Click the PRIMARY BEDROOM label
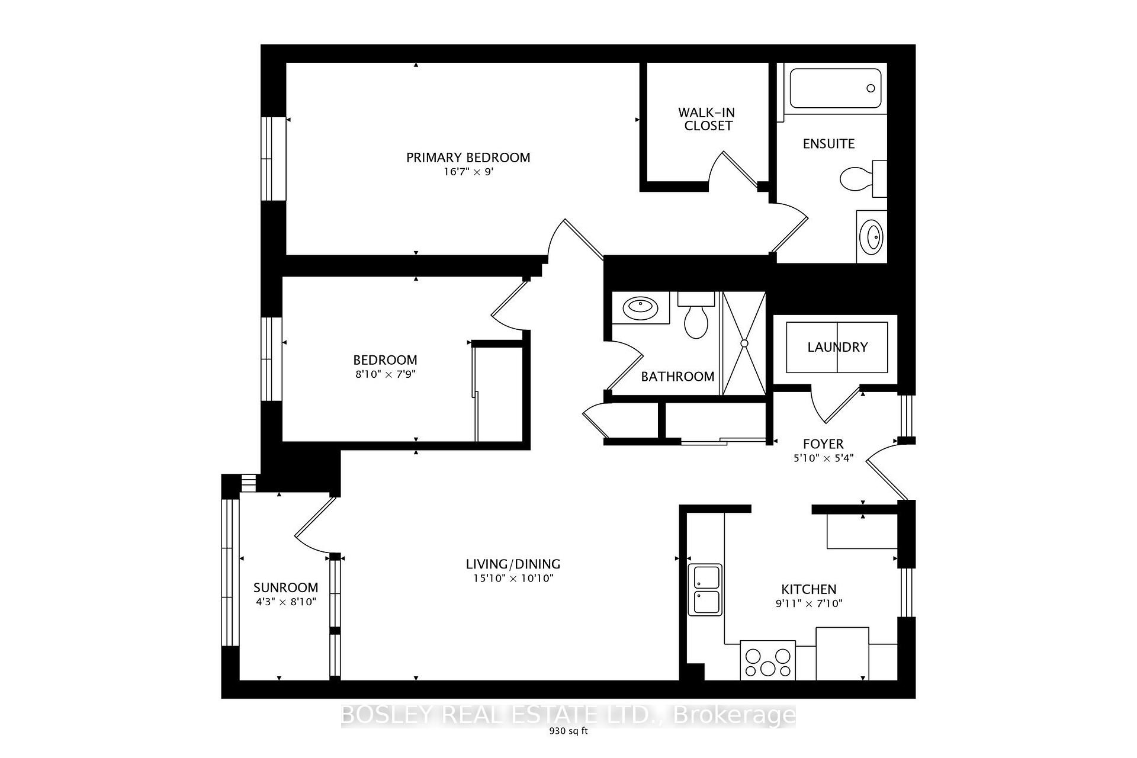[468, 158]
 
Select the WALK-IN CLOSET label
[706, 119]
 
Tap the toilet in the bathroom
[696, 317]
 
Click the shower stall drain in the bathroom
[744, 343]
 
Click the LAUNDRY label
[837, 347]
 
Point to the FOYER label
[823, 444]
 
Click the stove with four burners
[768, 661]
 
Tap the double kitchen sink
[705, 590]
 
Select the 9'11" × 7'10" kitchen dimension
[808, 604]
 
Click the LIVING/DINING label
[513, 564]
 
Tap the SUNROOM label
[285, 587]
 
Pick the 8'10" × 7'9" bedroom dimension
[385, 374]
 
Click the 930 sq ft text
[568, 731]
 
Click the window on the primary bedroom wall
[274, 158]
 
